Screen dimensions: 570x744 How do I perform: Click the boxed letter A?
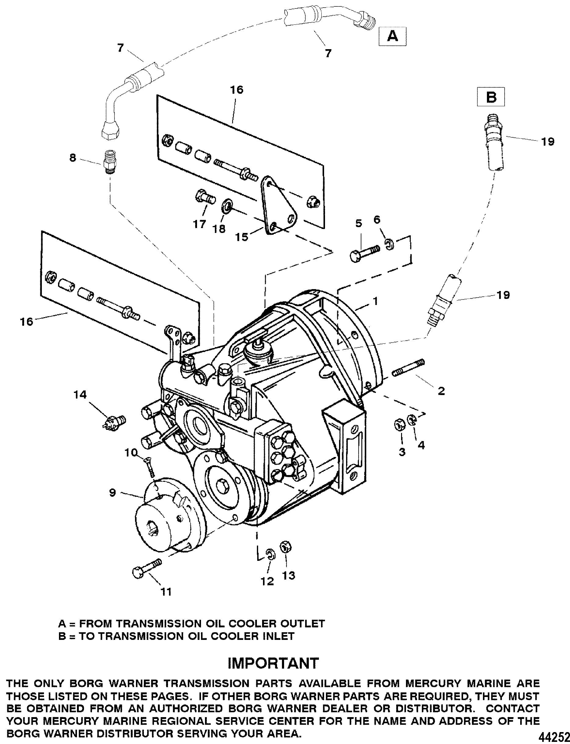[x=392, y=36]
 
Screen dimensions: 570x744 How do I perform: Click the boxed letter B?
[x=491, y=97]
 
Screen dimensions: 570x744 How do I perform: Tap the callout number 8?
[x=73, y=158]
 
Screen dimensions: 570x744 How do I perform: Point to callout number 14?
[x=80, y=395]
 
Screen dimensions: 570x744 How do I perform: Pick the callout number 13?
[x=289, y=575]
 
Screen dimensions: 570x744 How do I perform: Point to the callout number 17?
[x=200, y=224]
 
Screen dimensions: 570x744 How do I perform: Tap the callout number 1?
[x=375, y=300]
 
